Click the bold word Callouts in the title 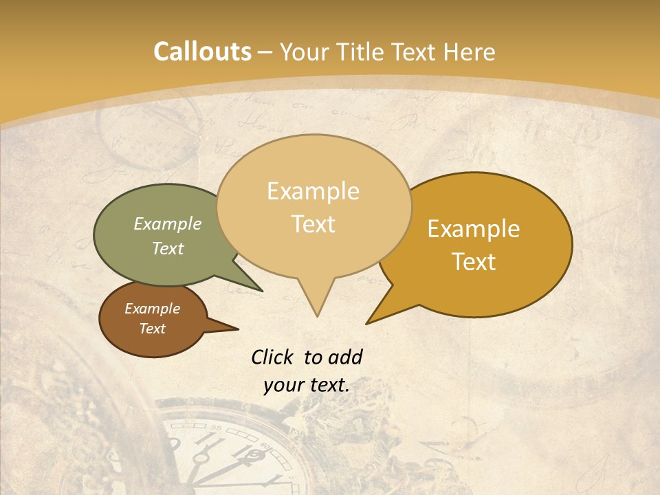(x=202, y=52)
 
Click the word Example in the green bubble (x=168, y=223)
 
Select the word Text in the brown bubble (x=153, y=329)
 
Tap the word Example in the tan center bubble (x=313, y=191)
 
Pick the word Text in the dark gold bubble (x=474, y=262)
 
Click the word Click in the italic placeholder (x=273, y=357)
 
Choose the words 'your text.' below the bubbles (x=307, y=385)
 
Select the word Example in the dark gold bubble (x=474, y=229)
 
